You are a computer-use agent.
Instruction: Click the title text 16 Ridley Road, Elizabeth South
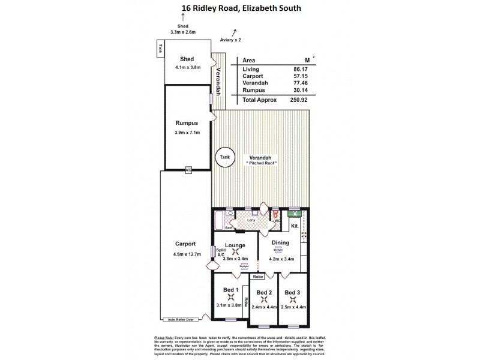[241, 8]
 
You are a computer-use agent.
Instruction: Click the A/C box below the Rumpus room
[188, 170]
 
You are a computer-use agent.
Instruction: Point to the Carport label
[186, 244]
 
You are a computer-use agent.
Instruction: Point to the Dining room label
[280, 242]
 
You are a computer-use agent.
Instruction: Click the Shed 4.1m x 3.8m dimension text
[187, 67]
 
